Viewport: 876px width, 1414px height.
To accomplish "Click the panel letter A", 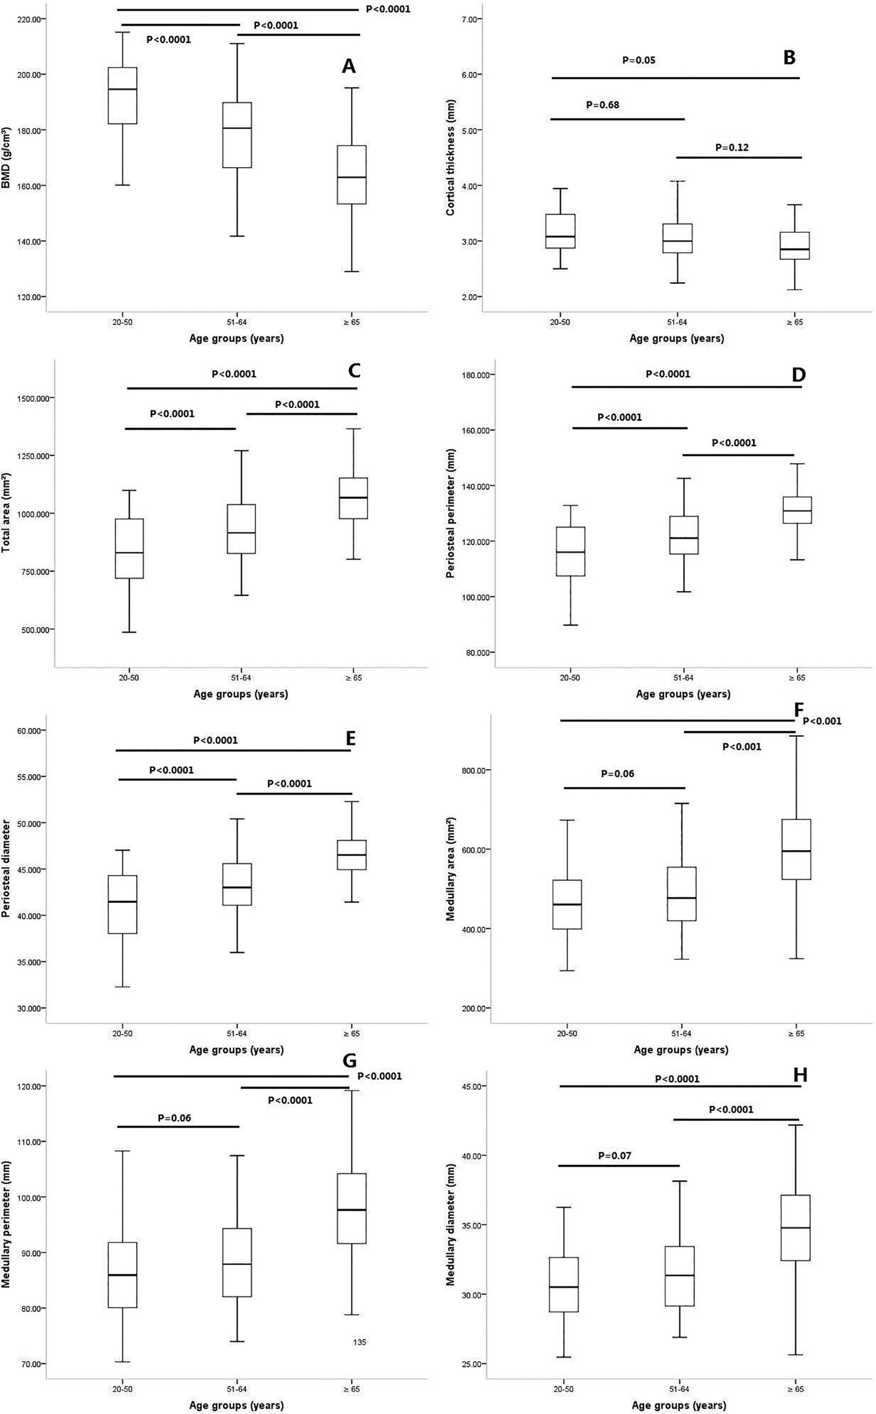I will [x=348, y=66].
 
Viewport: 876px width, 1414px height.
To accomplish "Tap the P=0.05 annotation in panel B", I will [x=638, y=60].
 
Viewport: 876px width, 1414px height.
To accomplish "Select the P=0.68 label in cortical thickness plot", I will [x=602, y=105].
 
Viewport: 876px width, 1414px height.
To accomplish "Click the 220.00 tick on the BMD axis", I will [x=30, y=19].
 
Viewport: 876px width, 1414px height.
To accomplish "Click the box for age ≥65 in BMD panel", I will [x=352, y=174].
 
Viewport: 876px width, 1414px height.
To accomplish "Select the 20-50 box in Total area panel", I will [x=129, y=548].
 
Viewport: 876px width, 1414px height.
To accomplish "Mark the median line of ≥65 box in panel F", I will [x=796, y=851].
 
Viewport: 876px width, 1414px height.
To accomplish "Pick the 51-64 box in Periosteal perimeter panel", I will [x=684, y=535].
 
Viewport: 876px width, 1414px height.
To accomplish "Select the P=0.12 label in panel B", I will [x=732, y=148].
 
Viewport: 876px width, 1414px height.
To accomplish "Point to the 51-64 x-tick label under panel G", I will [x=237, y=1389].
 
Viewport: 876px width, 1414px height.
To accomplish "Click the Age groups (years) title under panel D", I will [x=682, y=694].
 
